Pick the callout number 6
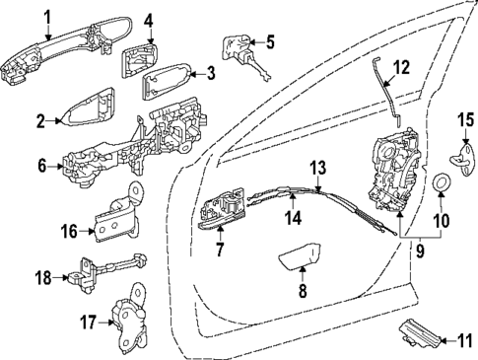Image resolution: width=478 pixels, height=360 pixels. [42, 168]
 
